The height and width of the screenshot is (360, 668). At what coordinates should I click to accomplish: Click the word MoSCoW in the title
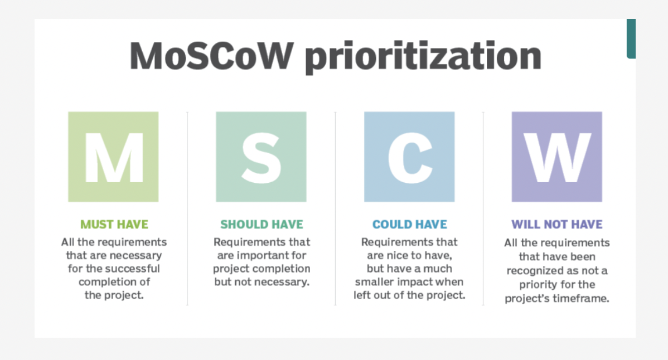[x=211, y=56]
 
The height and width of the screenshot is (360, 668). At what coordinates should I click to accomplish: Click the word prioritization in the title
[x=423, y=57]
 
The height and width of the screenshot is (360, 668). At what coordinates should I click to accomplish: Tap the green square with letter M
[x=113, y=157]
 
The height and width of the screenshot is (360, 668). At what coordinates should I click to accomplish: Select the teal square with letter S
[x=261, y=157]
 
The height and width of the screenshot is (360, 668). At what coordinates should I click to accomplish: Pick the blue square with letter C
[x=409, y=157]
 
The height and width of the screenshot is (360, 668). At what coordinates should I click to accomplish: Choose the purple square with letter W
[x=557, y=157]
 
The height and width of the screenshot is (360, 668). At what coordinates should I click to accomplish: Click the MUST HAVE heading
[x=114, y=224]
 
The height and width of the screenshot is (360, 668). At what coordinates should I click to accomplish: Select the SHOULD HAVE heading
[x=262, y=224]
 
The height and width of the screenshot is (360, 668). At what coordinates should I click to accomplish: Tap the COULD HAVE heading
[x=410, y=224]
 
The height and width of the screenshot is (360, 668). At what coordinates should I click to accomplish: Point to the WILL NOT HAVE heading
[x=557, y=224]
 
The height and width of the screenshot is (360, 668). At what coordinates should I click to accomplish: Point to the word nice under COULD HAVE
[x=396, y=255]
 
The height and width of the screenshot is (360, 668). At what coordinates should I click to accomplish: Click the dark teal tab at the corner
[x=631, y=38]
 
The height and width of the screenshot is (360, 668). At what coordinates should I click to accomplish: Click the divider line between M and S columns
[x=187, y=208]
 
